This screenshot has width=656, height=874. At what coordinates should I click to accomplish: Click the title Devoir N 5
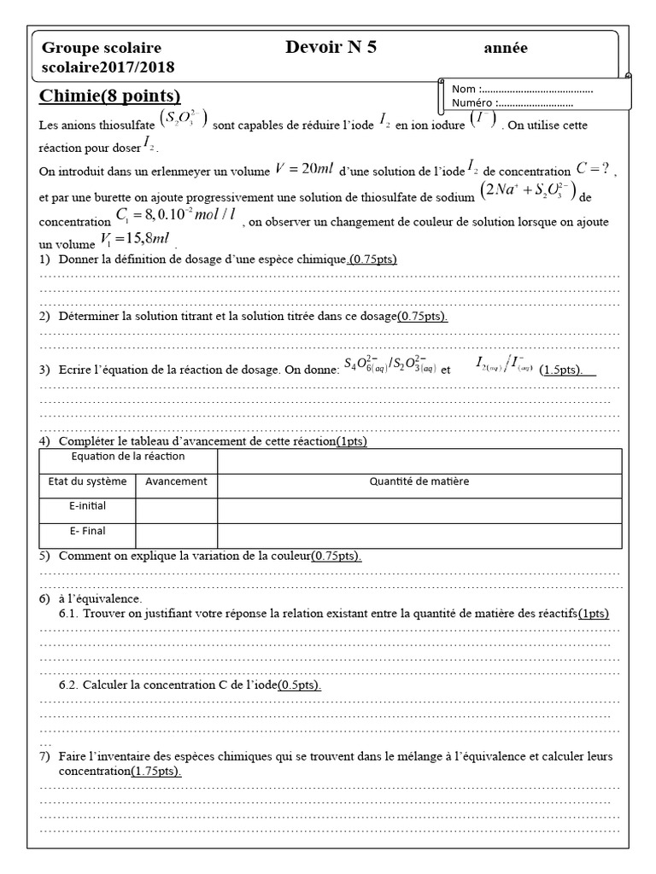pos(331,48)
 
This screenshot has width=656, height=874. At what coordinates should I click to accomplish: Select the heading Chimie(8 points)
pos(110,96)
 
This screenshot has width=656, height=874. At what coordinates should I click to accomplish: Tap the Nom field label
pos(465,89)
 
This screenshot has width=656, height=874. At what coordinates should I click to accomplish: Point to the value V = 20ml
pos(296,170)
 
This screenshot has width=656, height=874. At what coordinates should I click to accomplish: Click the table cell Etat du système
pos(86,481)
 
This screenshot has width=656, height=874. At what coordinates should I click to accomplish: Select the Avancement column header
pos(176,481)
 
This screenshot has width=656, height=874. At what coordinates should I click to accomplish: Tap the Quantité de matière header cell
pos(419,481)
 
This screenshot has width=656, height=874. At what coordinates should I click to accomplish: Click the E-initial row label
pos(87,506)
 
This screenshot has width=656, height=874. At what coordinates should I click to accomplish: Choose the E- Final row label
pos(87,531)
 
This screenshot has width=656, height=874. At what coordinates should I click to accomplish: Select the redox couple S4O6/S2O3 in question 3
pos(389,365)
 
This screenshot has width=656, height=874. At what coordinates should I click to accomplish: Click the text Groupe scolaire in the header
pos(102,49)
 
